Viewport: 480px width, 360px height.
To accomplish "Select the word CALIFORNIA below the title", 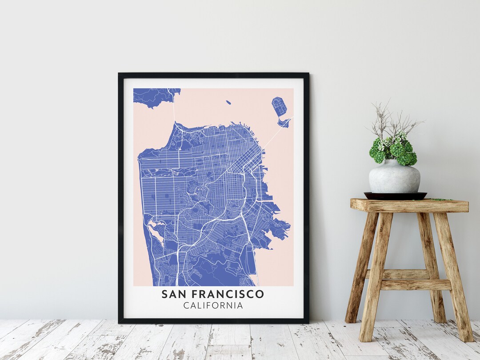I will pyautogui.click(x=213, y=306).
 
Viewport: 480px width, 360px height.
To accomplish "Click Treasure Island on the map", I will pyautogui.click(x=279, y=107).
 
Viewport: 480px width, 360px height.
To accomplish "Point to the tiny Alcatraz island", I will pyautogui.click(x=228, y=103).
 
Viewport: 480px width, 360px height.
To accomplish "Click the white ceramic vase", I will pyautogui.click(x=394, y=176).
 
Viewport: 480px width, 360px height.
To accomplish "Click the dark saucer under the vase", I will pyautogui.click(x=395, y=196).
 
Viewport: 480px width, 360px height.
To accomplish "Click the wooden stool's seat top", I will pyautogui.click(x=409, y=205).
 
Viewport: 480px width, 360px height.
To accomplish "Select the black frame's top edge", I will pyautogui.click(x=213, y=76).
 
